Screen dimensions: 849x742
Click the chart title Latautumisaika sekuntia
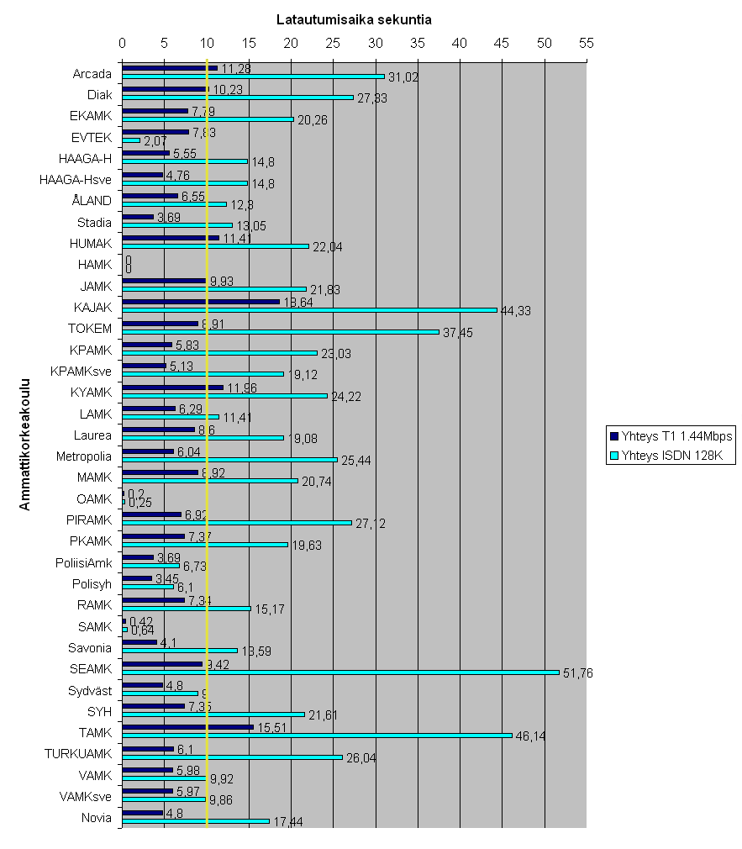(x=354, y=19)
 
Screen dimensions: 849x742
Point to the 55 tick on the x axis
(x=587, y=42)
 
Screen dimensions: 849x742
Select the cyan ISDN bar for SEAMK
(x=340, y=672)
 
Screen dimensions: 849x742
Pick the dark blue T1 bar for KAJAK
(x=201, y=301)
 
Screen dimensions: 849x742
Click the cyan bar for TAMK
(x=317, y=736)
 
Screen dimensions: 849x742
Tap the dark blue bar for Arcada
(x=170, y=67)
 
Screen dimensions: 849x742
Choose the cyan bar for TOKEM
(x=281, y=331)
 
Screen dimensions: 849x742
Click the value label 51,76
(x=577, y=673)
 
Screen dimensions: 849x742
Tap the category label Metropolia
(x=84, y=456)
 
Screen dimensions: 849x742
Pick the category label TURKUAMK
(x=78, y=753)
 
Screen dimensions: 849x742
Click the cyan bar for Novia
(x=196, y=820)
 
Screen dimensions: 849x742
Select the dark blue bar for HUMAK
(x=171, y=237)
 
